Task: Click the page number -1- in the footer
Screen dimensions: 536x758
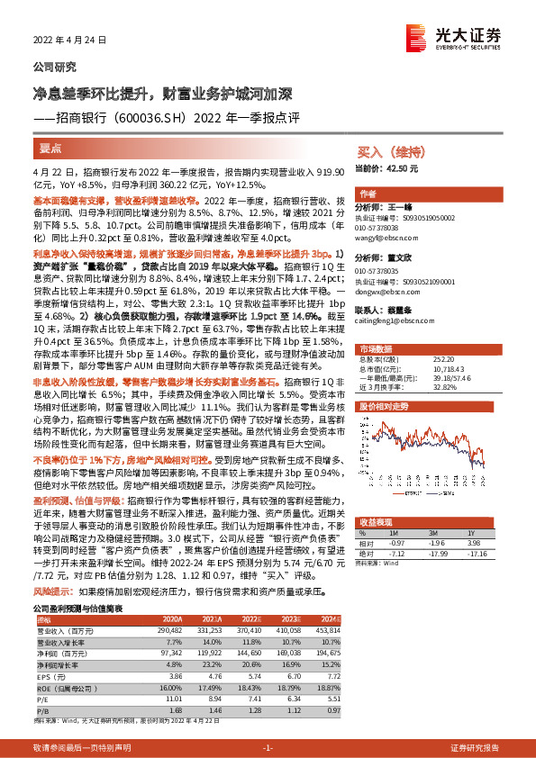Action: click(268, 748)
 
